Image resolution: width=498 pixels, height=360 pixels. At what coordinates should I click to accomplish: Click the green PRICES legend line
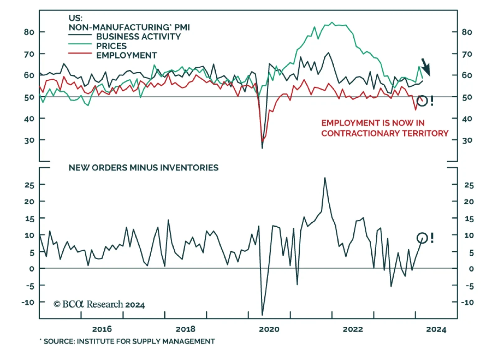(80, 44)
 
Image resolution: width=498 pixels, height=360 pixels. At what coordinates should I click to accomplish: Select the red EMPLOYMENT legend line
(80, 54)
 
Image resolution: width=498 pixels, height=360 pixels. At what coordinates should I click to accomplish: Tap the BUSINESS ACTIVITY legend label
(139, 37)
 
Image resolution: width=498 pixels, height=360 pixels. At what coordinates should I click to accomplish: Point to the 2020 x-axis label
(269, 329)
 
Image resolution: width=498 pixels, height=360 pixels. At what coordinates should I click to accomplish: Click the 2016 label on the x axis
(102, 329)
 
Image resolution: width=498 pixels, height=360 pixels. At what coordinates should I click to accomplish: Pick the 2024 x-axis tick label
(436, 329)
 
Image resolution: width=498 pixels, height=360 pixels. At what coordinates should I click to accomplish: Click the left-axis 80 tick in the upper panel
(29, 32)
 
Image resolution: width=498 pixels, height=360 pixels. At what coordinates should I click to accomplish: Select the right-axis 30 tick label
(467, 140)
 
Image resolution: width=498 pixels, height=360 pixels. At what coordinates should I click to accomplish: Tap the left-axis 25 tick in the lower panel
(29, 185)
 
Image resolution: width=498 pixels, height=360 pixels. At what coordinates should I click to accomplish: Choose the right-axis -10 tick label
(467, 302)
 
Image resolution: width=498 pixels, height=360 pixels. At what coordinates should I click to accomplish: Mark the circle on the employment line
(422, 101)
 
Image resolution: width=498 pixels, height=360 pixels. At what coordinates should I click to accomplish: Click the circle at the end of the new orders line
(422, 238)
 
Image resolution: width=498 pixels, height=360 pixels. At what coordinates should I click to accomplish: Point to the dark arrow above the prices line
(426, 67)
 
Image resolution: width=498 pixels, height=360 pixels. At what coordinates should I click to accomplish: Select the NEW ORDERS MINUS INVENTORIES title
(143, 168)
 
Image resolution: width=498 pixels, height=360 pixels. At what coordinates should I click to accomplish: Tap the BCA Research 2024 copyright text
(99, 304)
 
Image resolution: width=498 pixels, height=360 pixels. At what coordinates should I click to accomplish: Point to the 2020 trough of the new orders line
(262, 315)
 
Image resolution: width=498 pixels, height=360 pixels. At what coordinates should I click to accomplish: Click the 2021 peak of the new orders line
(325, 178)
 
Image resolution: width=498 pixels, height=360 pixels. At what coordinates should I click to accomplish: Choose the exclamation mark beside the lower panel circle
(432, 238)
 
